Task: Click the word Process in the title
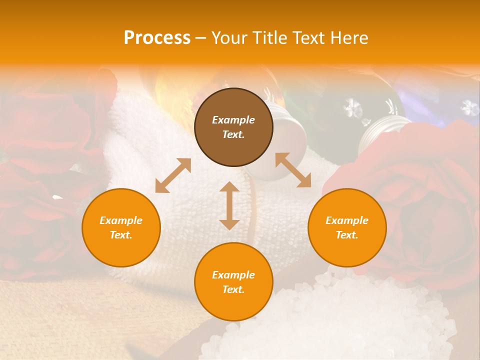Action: (x=157, y=38)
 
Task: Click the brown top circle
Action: (x=233, y=127)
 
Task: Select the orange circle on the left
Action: (x=121, y=227)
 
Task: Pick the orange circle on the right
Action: (x=347, y=227)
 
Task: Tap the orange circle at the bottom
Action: (x=233, y=282)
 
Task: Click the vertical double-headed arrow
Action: (x=229, y=205)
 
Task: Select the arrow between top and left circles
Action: (x=173, y=175)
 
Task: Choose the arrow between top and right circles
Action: (x=293, y=170)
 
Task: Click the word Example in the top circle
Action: (x=233, y=120)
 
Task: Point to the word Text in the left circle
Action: (x=121, y=235)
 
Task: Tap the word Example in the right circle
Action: (x=347, y=220)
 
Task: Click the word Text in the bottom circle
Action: (x=233, y=289)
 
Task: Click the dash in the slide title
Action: (x=200, y=38)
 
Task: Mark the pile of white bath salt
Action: (x=340, y=320)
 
